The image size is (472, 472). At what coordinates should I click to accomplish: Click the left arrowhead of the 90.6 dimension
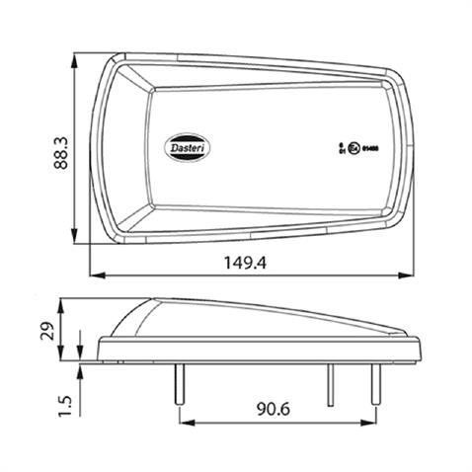point(184,420)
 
